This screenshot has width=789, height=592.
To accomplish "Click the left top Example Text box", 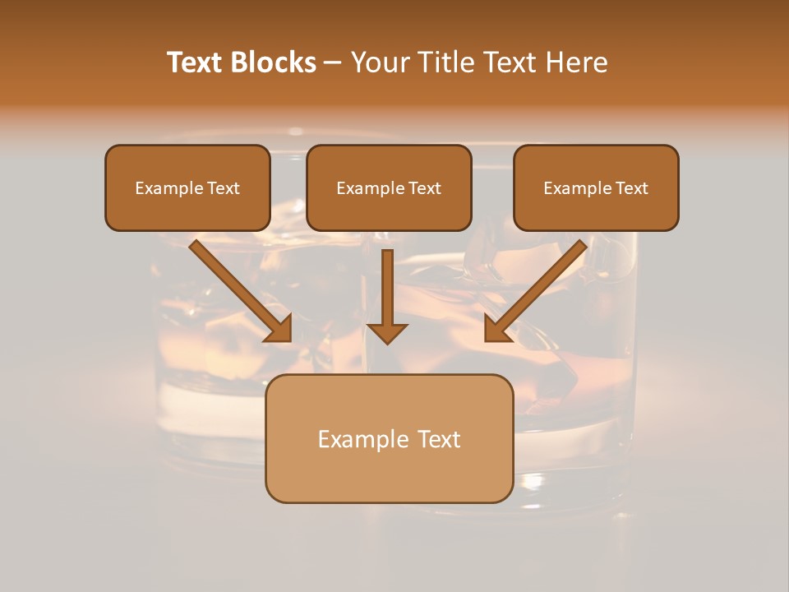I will [x=187, y=188].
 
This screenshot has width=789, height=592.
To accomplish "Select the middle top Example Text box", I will [x=389, y=188].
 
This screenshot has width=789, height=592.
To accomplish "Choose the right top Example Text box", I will [x=596, y=188].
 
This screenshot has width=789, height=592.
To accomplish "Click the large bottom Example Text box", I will [x=389, y=439].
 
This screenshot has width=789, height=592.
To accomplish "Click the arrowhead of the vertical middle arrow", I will [x=387, y=332].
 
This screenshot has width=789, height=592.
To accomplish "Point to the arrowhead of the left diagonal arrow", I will [x=279, y=329].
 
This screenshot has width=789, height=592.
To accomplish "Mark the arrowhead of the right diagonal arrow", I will [x=497, y=329].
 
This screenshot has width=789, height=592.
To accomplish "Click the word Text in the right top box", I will [x=631, y=188].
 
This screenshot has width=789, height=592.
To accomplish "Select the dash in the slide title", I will [x=333, y=63].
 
